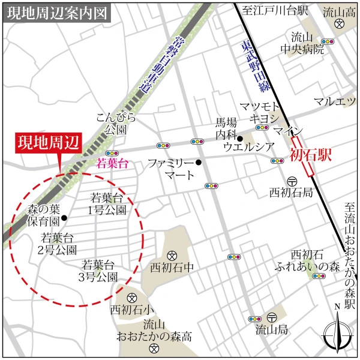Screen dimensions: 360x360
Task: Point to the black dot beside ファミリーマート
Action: [199, 162]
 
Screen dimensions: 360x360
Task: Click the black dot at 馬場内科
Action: [239, 139]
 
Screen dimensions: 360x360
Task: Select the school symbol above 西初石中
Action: [171, 254]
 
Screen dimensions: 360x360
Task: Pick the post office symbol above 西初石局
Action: [292, 181]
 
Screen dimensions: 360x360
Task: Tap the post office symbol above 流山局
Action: [272, 317]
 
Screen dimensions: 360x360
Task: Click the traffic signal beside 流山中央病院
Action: [327, 42]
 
